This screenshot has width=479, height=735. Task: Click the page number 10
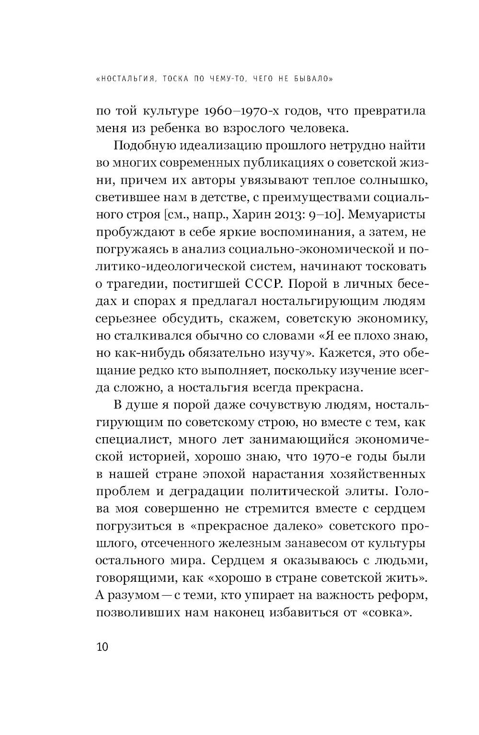click(x=102, y=647)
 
